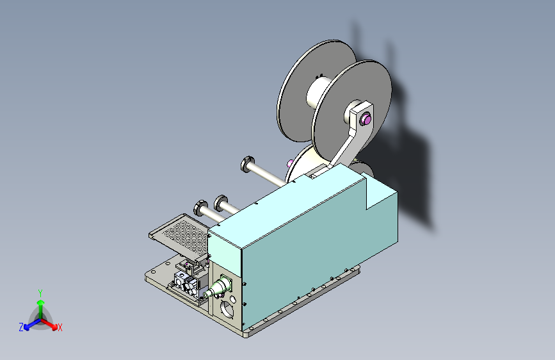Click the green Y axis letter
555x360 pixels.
coord(40,291)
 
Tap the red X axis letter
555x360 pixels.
coord(60,327)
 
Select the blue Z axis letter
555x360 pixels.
coord(21,327)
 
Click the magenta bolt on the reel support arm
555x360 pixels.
coord(367,118)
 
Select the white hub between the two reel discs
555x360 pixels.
coord(318,93)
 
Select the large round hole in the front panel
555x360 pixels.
coord(226,310)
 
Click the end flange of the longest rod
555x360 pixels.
coord(247,164)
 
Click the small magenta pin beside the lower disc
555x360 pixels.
coord(291,161)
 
